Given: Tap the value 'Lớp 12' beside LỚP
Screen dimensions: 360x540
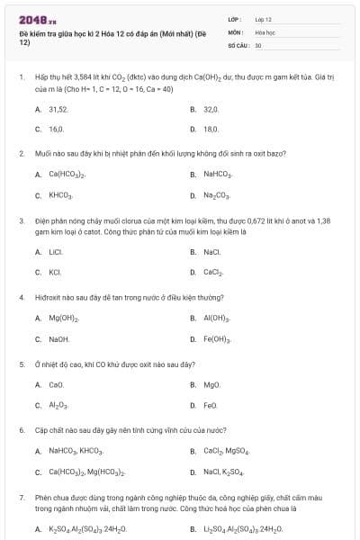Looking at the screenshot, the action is click(x=264, y=18).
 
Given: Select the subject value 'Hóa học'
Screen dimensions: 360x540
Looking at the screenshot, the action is click(x=265, y=31).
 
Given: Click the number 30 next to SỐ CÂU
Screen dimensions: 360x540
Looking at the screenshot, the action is click(x=258, y=44).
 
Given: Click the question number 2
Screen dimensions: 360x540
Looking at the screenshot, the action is click(x=22, y=154).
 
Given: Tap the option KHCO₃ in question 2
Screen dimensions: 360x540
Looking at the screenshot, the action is click(x=60, y=195).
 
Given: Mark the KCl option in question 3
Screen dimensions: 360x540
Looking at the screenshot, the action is click(x=55, y=272).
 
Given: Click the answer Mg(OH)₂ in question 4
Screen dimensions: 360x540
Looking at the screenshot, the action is click(x=64, y=318).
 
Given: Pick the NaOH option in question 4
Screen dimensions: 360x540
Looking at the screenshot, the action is click(x=58, y=339).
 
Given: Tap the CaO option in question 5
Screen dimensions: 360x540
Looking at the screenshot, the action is click(x=56, y=385).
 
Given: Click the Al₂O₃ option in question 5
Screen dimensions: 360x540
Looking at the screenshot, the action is click(x=58, y=405).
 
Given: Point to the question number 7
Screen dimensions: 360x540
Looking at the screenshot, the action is click(x=22, y=497).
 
